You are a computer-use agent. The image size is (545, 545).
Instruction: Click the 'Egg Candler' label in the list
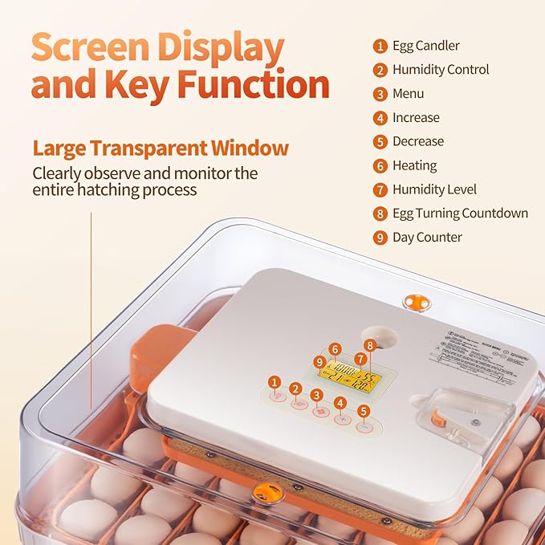(425, 46)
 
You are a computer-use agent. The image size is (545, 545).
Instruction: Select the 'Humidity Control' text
(440, 70)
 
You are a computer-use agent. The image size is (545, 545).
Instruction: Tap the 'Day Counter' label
(427, 238)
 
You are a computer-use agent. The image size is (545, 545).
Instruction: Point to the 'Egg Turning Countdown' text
(460, 214)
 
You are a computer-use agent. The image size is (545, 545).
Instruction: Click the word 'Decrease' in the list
(417, 141)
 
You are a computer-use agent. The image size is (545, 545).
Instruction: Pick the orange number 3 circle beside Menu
(380, 94)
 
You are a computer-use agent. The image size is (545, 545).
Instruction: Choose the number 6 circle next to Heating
(380, 166)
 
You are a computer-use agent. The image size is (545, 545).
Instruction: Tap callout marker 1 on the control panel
(275, 382)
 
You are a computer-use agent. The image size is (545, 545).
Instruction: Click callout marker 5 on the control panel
(364, 411)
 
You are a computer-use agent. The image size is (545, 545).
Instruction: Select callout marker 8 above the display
(369, 345)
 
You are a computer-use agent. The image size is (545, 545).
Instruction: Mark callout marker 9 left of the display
(320, 362)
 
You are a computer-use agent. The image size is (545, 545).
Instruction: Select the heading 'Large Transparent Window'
(161, 148)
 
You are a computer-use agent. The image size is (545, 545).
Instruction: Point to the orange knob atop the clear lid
(415, 302)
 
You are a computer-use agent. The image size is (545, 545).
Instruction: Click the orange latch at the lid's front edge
(266, 493)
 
